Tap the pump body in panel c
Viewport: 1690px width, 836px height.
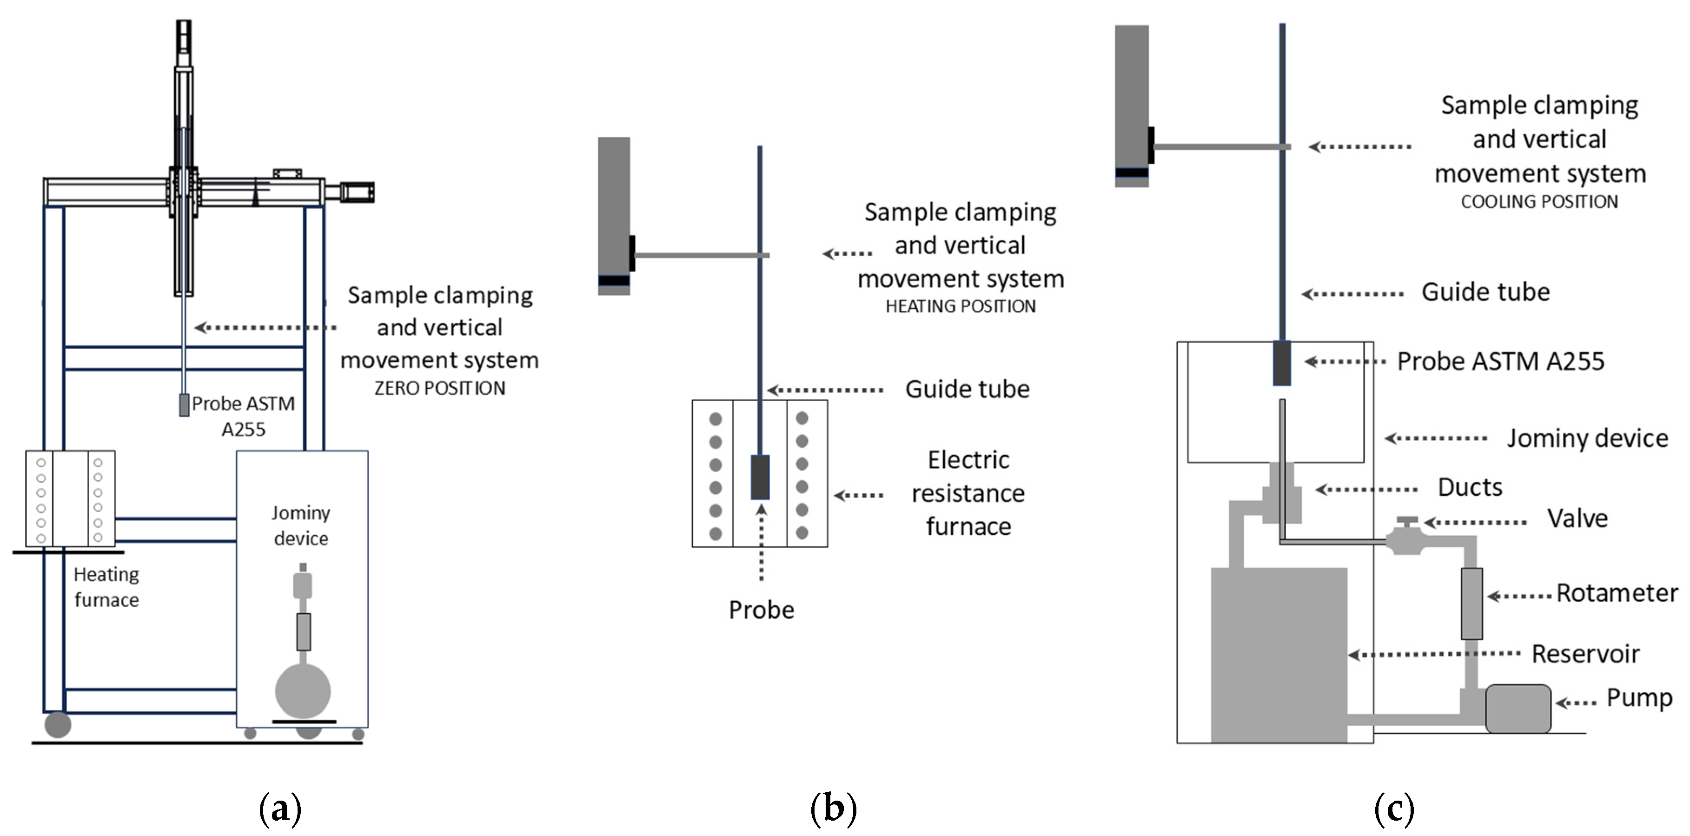(1518, 709)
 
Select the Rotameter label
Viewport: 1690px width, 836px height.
(1617, 593)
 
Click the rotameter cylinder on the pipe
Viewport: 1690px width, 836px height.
(1471, 604)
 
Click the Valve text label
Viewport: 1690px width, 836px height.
(1577, 518)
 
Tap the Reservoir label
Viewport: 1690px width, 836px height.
(1585, 654)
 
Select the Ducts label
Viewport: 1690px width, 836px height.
(1470, 488)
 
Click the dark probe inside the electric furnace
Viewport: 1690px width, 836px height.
(760, 477)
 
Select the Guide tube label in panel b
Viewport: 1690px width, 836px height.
(967, 389)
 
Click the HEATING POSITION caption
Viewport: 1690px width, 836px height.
(961, 306)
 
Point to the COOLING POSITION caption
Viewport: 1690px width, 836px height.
(1539, 201)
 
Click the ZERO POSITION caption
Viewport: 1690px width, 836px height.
(439, 388)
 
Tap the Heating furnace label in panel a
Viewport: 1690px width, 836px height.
(106, 587)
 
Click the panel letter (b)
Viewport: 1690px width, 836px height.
(833, 809)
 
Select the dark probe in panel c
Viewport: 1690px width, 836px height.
(1281, 363)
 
